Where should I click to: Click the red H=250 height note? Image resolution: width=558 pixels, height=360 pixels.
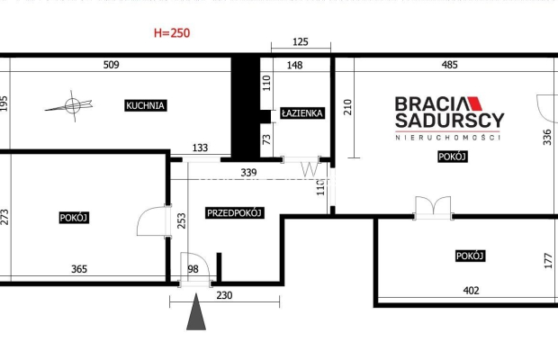click(x=172, y=33)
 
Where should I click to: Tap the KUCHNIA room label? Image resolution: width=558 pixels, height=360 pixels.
click(x=146, y=105)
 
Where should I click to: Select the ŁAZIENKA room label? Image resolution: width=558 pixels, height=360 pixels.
click(x=302, y=113)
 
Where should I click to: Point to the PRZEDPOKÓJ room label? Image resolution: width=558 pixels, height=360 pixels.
click(x=235, y=212)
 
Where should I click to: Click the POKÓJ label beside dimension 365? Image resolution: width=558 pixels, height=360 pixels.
click(x=74, y=218)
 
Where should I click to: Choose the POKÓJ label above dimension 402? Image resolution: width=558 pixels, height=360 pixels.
click(x=470, y=256)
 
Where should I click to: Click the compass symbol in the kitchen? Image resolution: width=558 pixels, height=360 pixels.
click(x=71, y=105)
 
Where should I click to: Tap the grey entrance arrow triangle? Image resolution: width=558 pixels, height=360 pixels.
click(x=196, y=311)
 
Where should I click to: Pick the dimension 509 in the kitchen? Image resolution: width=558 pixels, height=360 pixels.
click(x=111, y=65)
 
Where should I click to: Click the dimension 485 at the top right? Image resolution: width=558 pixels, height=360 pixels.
click(x=449, y=65)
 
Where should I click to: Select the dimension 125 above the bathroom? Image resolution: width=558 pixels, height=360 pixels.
click(x=301, y=42)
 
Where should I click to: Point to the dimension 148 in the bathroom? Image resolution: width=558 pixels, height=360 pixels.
click(x=294, y=65)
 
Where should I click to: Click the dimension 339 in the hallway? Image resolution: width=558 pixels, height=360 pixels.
click(x=248, y=173)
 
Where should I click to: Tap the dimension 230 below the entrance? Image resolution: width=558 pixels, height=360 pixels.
click(x=224, y=295)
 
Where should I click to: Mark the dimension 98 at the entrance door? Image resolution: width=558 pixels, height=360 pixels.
click(x=193, y=269)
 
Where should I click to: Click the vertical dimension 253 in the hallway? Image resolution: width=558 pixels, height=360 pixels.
click(x=182, y=220)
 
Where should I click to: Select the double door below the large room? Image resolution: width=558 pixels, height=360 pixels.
click(x=433, y=207)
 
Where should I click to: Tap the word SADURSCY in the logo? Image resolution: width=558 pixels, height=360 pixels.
click(x=449, y=121)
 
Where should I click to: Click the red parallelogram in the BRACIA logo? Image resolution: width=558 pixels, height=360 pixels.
click(x=475, y=103)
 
